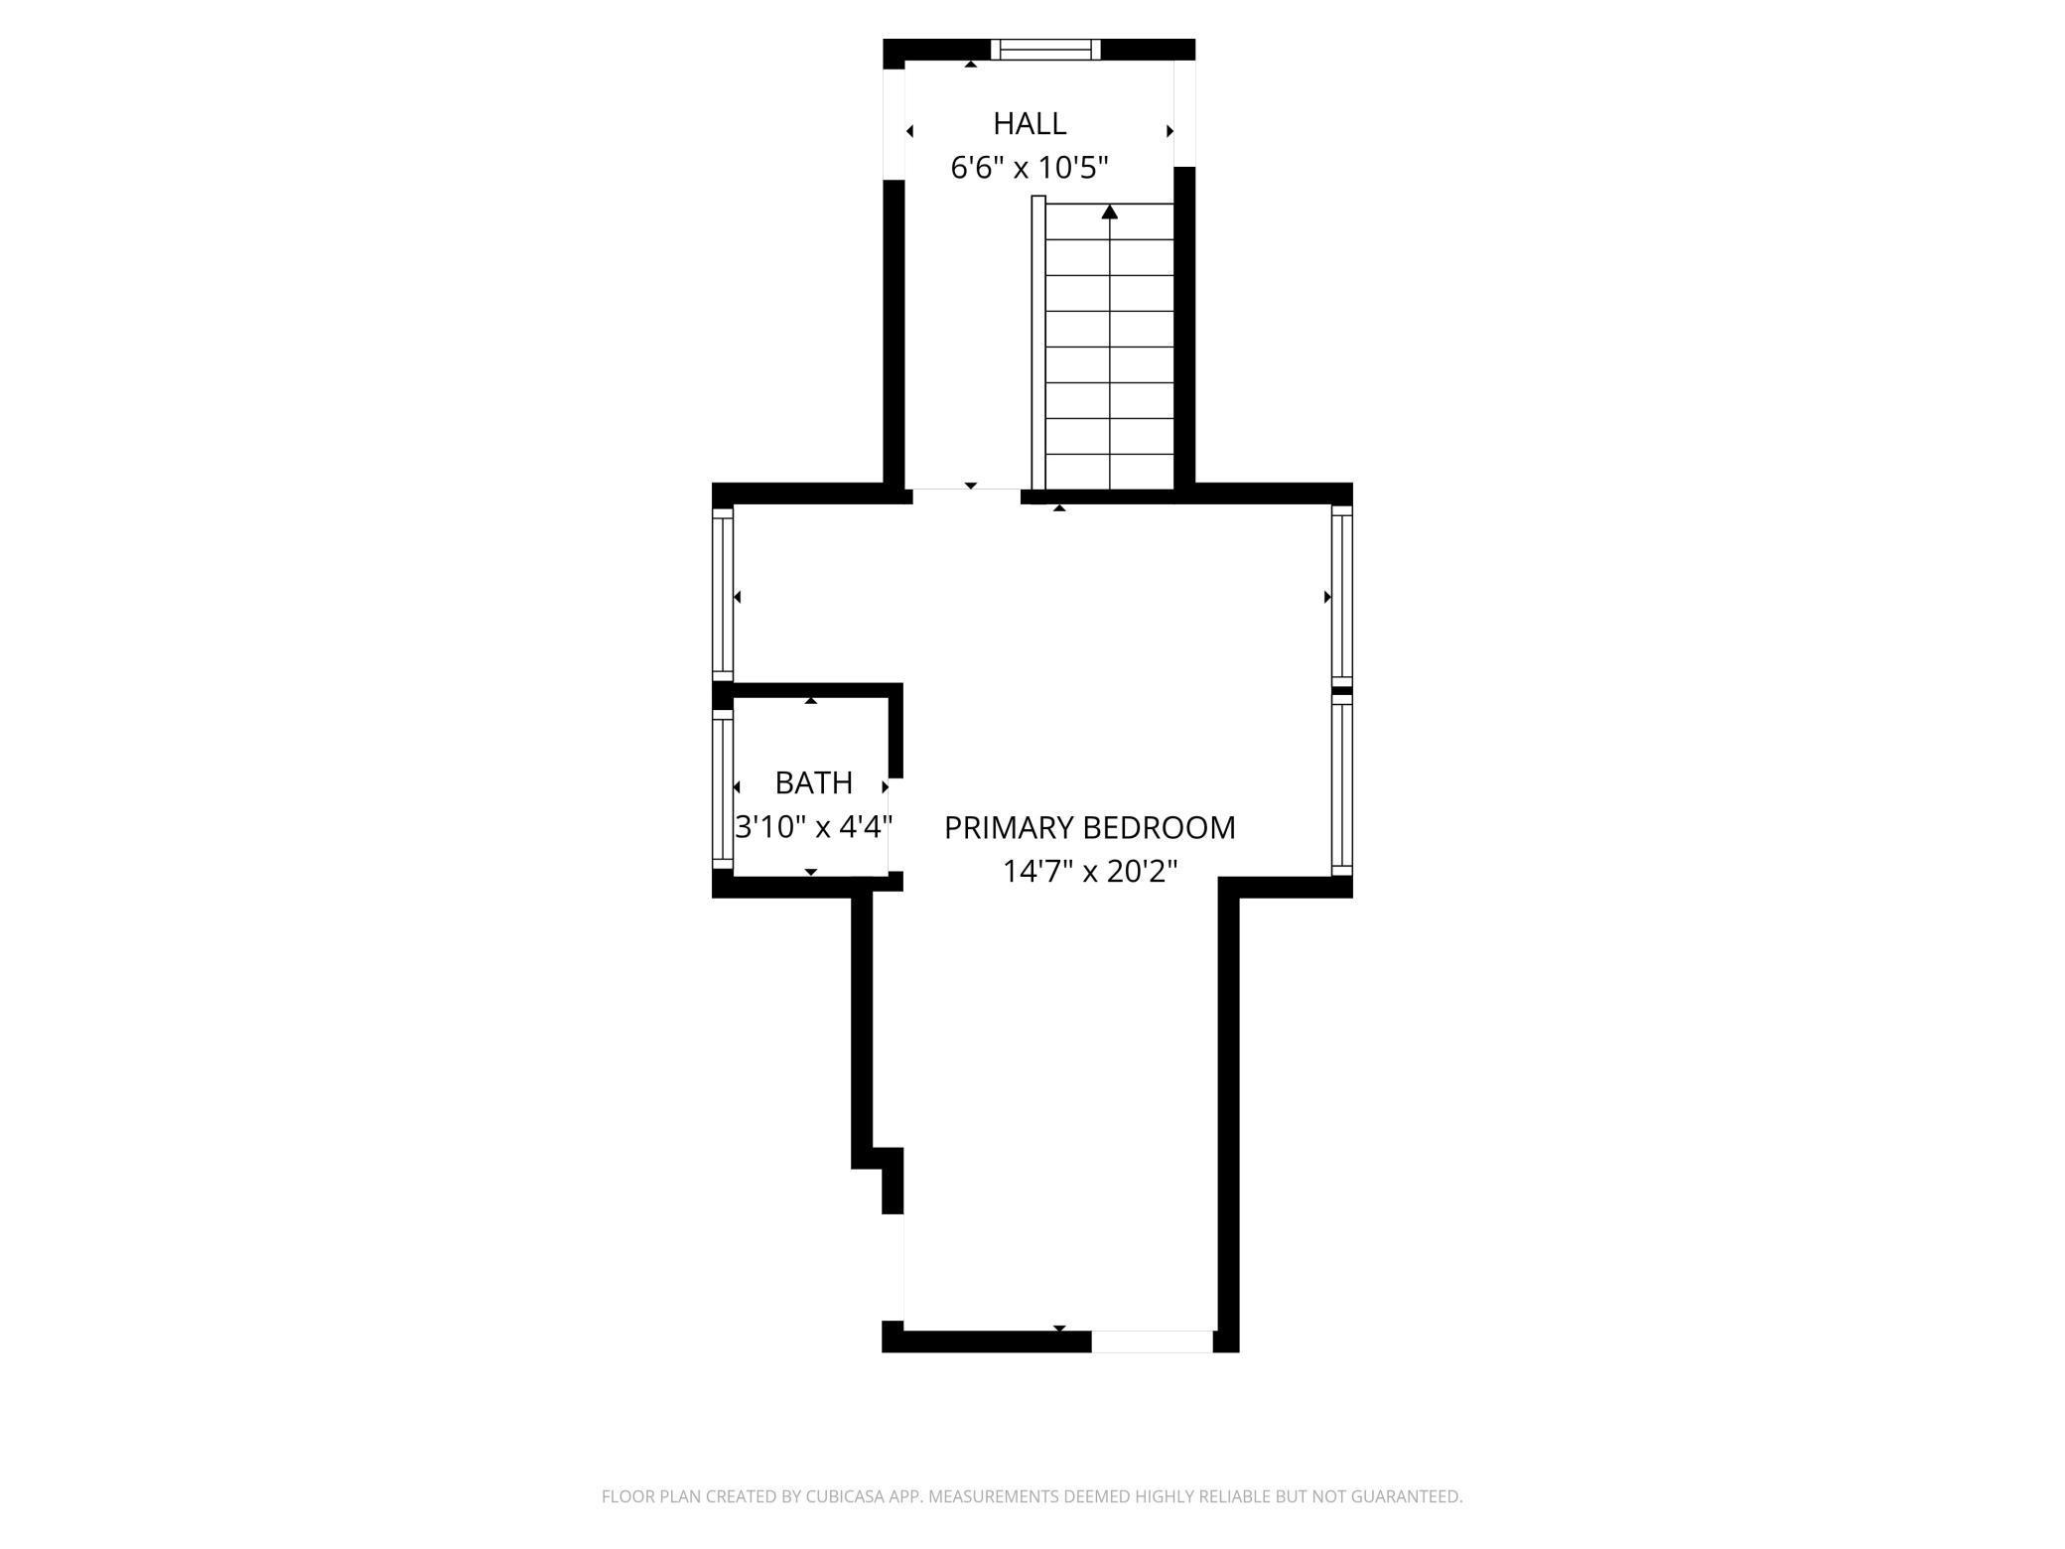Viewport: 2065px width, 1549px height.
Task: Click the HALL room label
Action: (1030, 124)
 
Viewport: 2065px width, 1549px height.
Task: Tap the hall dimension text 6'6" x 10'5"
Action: (1030, 168)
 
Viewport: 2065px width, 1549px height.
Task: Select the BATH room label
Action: (813, 783)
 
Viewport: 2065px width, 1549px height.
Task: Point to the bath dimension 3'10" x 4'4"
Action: (813, 826)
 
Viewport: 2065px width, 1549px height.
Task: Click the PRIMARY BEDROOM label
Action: (1089, 827)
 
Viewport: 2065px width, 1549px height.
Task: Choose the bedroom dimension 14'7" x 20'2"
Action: (1089, 872)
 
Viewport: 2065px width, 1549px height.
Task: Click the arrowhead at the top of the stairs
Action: (1110, 211)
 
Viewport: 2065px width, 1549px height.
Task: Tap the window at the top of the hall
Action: (1046, 50)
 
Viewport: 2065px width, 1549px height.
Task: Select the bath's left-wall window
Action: (723, 788)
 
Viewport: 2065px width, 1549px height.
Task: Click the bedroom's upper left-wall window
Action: (723, 594)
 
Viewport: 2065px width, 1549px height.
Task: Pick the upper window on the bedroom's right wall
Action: (1341, 594)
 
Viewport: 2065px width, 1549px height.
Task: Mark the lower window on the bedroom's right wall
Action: (1341, 784)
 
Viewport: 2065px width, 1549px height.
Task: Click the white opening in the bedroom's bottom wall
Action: (1152, 1341)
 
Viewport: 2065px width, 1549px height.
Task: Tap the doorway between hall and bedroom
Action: (966, 493)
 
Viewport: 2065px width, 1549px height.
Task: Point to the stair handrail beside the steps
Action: (1038, 343)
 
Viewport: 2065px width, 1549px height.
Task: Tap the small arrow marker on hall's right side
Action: (1170, 131)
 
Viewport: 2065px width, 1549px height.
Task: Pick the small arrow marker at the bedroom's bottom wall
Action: (1059, 1328)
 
